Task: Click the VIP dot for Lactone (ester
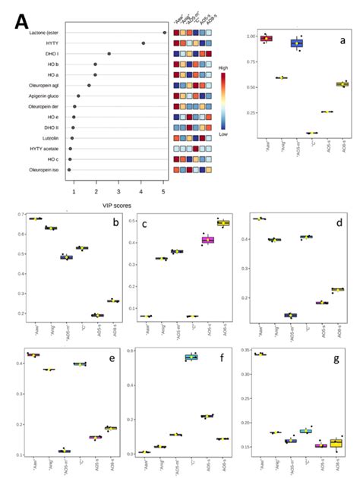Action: pos(165,33)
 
